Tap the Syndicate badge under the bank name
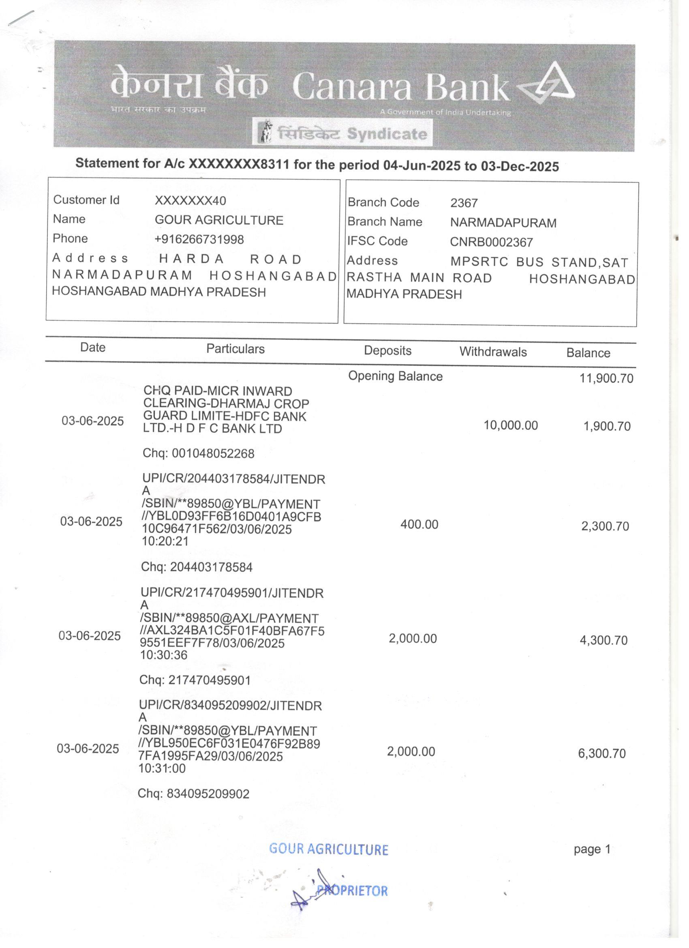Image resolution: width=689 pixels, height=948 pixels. [x=342, y=133]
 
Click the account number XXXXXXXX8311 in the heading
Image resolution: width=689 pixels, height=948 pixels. [x=239, y=163]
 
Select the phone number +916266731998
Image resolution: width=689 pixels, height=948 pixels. [x=199, y=240]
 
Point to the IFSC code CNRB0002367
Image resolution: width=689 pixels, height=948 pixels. [x=491, y=242]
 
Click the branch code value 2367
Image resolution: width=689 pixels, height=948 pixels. [x=463, y=203]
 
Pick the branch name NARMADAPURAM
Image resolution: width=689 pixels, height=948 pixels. [x=503, y=223]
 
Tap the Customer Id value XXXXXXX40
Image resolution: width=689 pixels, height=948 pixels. [x=190, y=201]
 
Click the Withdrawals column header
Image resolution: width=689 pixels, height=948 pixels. [x=492, y=352]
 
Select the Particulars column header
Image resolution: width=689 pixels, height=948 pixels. [x=235, y=349]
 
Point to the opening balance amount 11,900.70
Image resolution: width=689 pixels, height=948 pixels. [x=606, y=379]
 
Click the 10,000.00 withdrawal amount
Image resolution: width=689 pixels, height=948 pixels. [x=510, y=425]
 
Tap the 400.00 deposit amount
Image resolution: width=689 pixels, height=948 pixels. [x=419, y=524]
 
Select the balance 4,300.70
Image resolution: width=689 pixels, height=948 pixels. [x=603, y=640]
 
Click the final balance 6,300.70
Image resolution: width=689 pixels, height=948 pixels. [x=602, y=754]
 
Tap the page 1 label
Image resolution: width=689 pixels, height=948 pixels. [x=592, y=850]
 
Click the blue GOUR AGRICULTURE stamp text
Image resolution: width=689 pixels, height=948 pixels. [x=328, y=850]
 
